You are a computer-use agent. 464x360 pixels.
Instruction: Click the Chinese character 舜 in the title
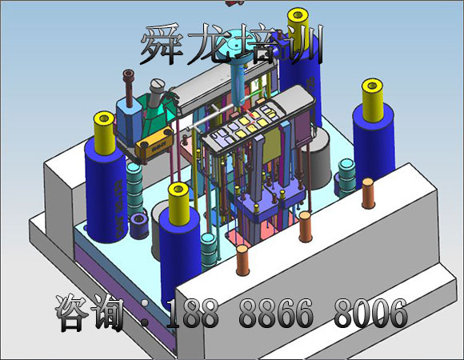click(x=162, y=44)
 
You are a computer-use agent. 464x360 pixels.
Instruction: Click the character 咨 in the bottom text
click(x=72, y=312)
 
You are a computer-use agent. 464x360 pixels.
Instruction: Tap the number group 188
click(x=192, y=313)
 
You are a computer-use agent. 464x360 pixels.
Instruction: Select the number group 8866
click(x=276, y=313)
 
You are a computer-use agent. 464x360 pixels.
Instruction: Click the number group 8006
click(x=370, y=313)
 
